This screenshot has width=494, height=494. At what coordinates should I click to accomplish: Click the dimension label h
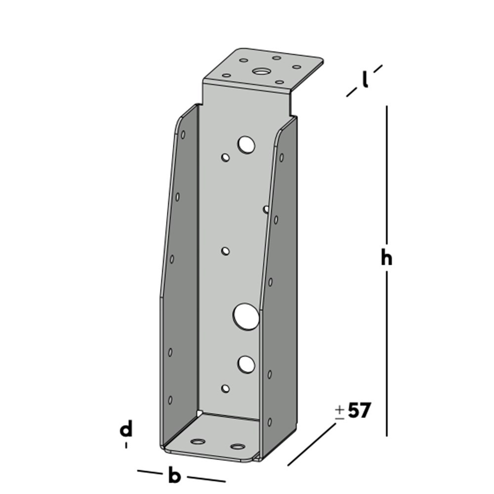386,258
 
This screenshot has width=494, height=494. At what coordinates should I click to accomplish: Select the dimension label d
126,430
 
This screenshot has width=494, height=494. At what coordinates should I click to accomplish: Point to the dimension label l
365,80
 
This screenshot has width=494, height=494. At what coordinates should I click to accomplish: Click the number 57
359,411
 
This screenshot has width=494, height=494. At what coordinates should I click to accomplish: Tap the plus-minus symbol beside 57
339,412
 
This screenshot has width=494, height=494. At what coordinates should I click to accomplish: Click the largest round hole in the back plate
247,316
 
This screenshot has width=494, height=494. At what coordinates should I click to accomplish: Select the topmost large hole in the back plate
246,145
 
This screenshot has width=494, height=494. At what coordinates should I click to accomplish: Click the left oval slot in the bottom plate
199,441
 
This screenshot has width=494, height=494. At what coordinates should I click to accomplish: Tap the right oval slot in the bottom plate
238,447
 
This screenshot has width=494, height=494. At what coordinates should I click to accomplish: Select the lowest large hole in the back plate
246,364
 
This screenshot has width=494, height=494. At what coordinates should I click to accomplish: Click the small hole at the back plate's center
225,251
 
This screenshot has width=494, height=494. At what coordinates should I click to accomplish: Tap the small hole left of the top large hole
225,158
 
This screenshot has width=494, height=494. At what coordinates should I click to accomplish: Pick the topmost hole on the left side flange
183,134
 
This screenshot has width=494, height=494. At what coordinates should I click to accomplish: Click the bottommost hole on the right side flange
269,422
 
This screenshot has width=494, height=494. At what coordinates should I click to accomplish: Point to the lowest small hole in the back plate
225,389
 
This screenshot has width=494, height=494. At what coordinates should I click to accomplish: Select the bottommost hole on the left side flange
170,399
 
